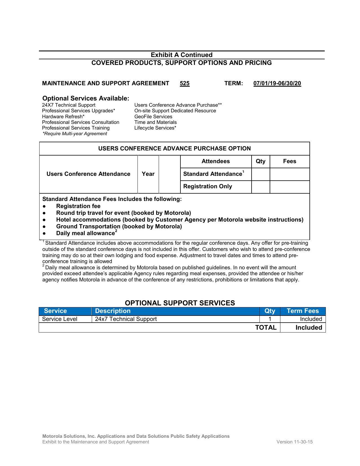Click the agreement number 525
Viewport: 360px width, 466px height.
click(x=184, y=83)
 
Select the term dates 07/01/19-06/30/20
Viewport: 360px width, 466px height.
click(x=277, y=83)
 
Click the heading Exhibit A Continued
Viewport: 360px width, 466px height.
click(x=181, y=55)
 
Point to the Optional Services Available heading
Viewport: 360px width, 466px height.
click(x=86, y=98)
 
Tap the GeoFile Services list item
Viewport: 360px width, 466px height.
click(x=153, y=117)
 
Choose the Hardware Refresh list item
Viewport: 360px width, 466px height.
click(x=63, y=117)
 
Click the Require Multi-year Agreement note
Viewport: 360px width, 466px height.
click(x=75, y=134)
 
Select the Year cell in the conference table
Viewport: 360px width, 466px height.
click(x=148, y=174)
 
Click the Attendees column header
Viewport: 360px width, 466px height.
click(x=215, y=161)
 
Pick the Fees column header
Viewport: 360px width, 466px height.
click(x=289, y=161)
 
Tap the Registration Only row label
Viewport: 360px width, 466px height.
click(x=208, y=186)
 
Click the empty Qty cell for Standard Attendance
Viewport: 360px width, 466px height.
click(x=260, y=174)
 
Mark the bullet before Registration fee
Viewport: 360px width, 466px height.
click(x=44, y=206)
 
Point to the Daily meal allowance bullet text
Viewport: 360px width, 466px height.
click(x=85, y=233)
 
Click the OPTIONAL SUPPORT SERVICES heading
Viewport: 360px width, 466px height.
click(x=180, y=303)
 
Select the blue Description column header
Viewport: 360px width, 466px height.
click(x=113, y=311)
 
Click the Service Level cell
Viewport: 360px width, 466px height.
click(x=60, y=319)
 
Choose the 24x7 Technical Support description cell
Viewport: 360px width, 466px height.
click(x=126, y=319)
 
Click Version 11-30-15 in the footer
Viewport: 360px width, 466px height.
click(x=294, y=442)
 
